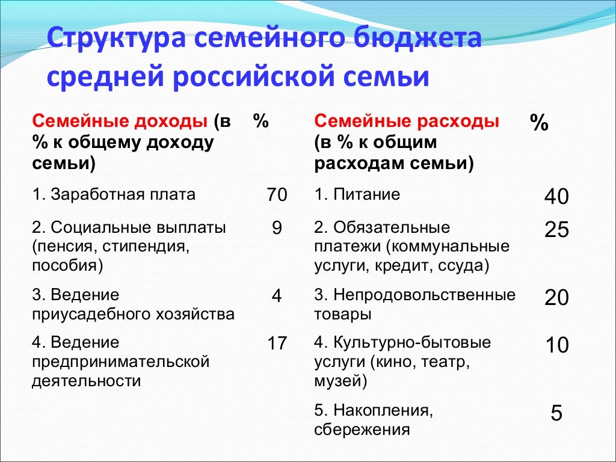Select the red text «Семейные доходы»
coord(120,122)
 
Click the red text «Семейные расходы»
coord(407,122)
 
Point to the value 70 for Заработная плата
coord(277,195)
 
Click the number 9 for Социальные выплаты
coord(277,229)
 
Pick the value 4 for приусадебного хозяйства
coord(277,296)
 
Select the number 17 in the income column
coord(277,343)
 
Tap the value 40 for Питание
coord(556,197)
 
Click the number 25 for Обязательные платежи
coord(556,230)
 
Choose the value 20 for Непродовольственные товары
coord(556,297)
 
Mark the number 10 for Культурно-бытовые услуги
coord(556,345)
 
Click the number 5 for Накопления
coord(556,413)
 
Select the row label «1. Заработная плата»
coord(114,194)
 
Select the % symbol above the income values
coord(260,122)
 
